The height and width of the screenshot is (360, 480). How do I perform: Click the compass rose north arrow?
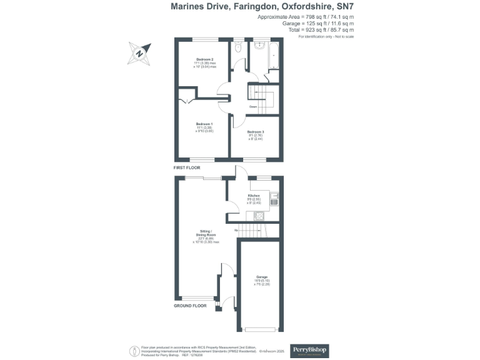click(x=139, y=53)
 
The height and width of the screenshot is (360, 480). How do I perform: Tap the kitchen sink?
click(x=274, y=201)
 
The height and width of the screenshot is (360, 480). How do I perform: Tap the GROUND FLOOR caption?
click(x=190, y=306)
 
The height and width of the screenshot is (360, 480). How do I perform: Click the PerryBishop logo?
click(x=310, y=349)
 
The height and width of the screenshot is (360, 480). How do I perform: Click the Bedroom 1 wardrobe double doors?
click(x=184, y=101)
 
